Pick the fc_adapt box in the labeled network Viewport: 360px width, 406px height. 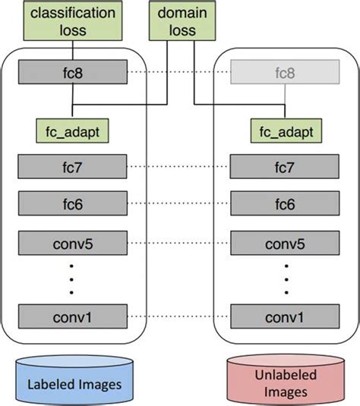[x=73, y=131]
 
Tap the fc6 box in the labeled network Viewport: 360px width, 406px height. [x=73, y=203]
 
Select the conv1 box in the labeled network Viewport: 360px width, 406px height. [x=73, y=315]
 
